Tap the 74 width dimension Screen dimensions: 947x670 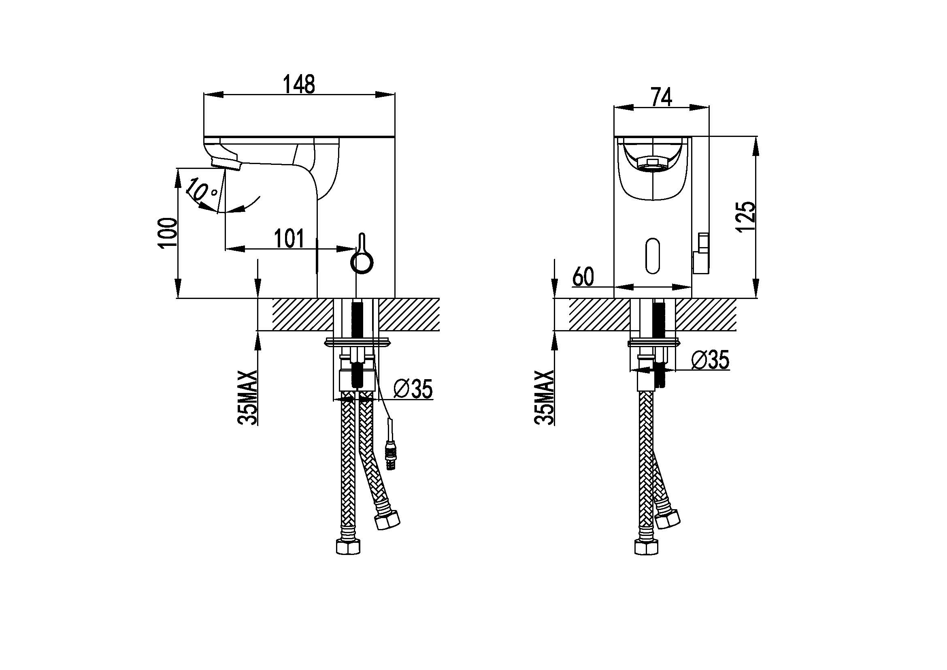pyautogui.click(x=661, y=97)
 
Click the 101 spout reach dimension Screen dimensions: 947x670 pyautogui.click(x=289, y=239)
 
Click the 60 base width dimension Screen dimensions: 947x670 pyautogui.click(x=583, y=276)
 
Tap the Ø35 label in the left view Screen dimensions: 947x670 pyautogui.click(x=413, y=389)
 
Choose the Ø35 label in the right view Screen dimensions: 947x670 pyautogui.click(x=710, y=359)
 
